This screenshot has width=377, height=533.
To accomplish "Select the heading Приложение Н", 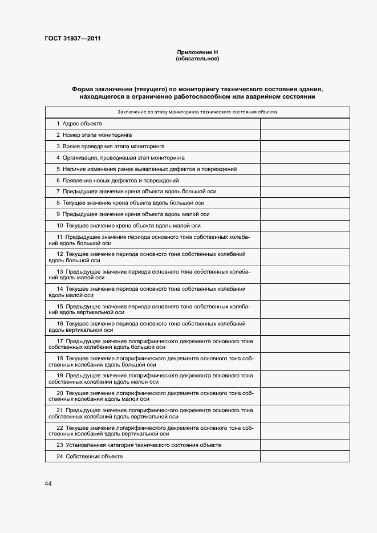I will coord(197,53).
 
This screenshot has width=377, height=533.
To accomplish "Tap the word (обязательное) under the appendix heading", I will coord(197,59).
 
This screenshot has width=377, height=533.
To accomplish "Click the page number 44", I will coord(48,483).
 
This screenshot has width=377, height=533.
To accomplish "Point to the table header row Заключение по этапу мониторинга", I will coord(197,112).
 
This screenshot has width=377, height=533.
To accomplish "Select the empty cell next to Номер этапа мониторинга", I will coord(304,135).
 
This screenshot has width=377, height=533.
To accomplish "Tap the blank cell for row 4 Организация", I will coord(304,158).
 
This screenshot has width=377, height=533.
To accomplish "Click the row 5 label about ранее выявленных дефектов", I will coord(147,169).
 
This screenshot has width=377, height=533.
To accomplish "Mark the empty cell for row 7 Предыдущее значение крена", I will coord(304,192).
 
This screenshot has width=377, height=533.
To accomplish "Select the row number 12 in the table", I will coord(60,254).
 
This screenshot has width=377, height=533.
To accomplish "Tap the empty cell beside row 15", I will coord(304,309).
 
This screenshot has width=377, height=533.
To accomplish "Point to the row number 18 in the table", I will coord(60,358).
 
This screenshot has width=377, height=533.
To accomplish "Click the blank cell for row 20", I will coord(304,396).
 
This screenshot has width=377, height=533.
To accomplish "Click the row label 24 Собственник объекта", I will coord(90,457).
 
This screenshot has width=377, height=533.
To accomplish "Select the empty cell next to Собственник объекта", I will coord(304,457).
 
